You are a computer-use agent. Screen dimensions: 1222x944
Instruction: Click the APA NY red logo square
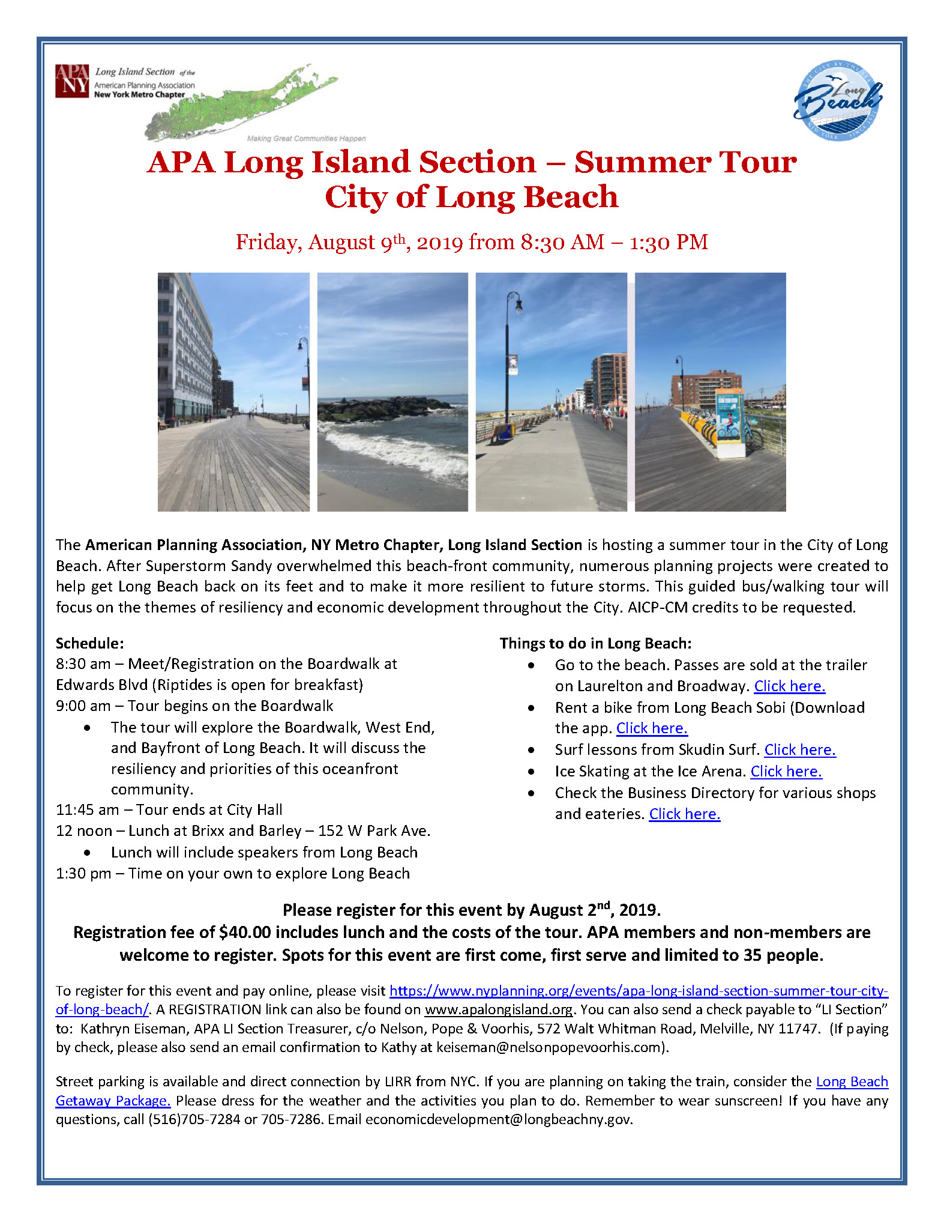point(72,81)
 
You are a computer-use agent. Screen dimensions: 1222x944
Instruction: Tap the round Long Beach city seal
point(838,101)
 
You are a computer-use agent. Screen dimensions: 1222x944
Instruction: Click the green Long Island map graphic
point(240,102)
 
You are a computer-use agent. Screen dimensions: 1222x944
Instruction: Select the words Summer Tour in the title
point(685,162)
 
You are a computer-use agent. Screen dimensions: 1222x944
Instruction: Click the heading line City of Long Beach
point(471,197)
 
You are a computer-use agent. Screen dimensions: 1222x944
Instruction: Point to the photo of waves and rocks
point(392,392)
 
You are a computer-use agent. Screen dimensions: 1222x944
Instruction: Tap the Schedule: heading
point(90,643)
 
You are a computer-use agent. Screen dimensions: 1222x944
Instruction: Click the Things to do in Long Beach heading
point(595,643)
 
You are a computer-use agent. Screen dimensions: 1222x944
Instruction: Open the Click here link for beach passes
point(789,686)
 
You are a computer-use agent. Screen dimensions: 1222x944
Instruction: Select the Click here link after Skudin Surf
point(799,749)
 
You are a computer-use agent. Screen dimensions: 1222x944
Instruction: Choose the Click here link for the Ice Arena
point(786,771)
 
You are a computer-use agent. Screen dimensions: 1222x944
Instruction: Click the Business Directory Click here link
point(684,814)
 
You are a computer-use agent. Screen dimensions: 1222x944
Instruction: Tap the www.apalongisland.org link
point(498,1009)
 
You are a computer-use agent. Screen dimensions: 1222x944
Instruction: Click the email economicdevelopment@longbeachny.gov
point(498,1119)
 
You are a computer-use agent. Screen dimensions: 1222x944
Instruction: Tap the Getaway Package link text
point(113,1101)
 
